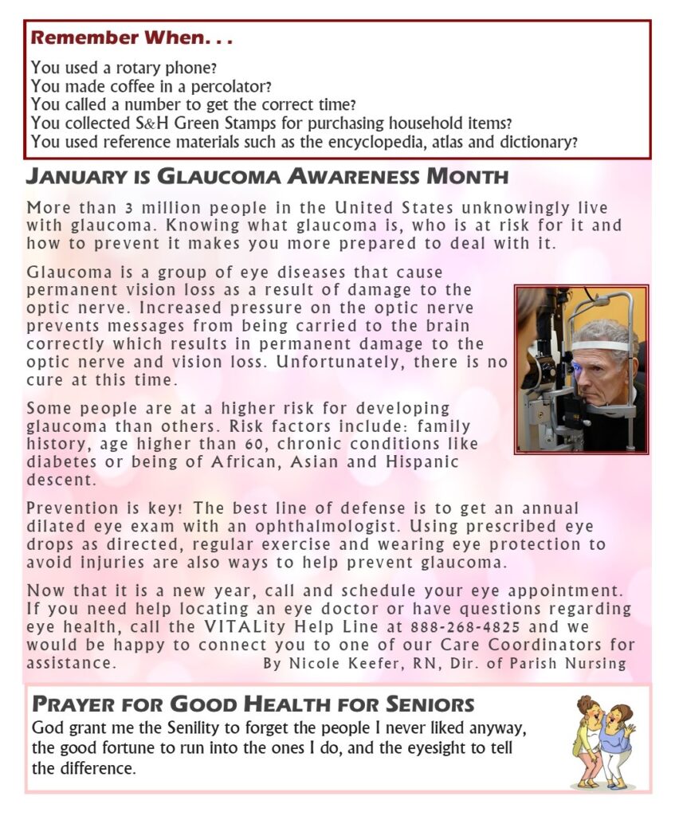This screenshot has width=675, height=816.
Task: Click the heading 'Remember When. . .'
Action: click(x=131, y=37)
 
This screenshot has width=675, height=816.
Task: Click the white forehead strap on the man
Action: click(x=598, y=345)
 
